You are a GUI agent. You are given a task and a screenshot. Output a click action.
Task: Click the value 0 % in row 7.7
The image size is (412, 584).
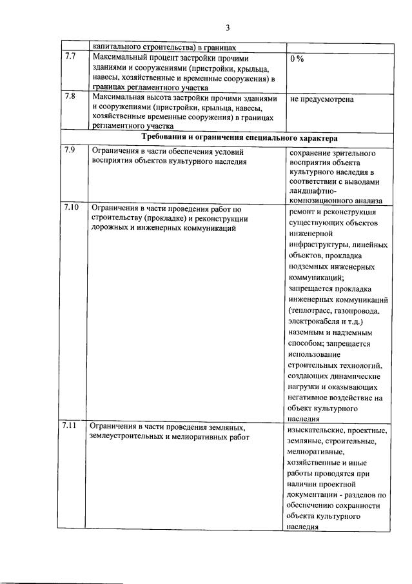297,59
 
